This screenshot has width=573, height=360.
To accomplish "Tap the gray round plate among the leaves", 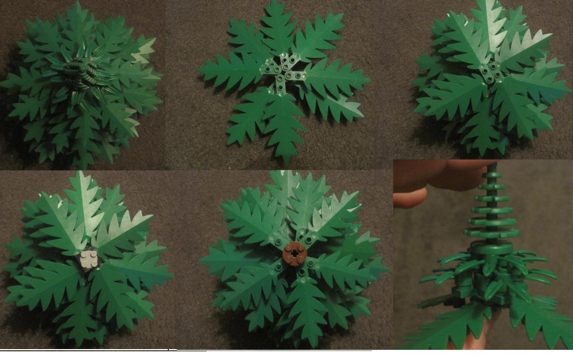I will tap(87, 260).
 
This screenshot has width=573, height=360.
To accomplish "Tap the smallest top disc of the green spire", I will tap(489, 176).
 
